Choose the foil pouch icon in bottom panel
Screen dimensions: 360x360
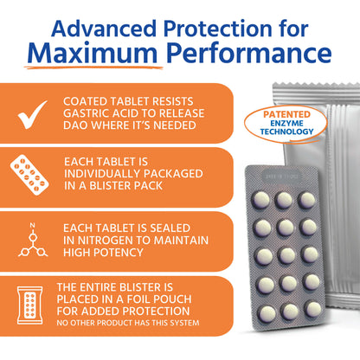[31, 307]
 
